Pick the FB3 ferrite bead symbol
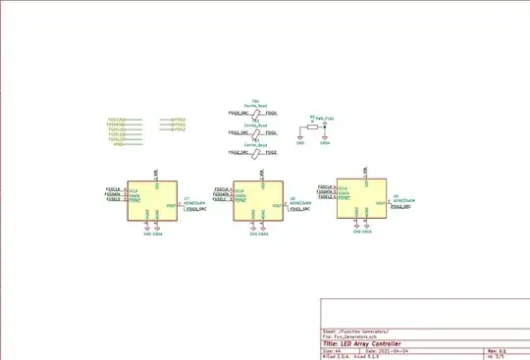[255, 152]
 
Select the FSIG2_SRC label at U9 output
[401, 207]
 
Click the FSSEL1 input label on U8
[220, 200]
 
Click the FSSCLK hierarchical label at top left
[116, 120]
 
